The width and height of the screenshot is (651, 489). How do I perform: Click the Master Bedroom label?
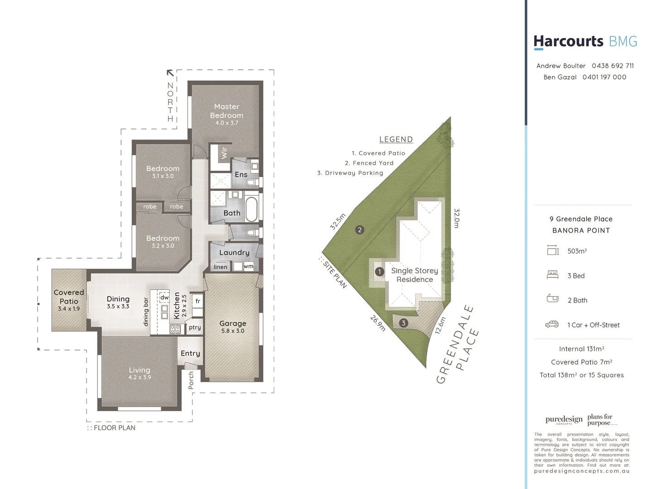point(227,111)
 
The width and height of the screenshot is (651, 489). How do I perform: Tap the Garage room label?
point(233,324)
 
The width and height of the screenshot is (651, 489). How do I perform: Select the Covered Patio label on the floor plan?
point(69,297)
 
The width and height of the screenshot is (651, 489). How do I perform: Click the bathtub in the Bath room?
point(251,208)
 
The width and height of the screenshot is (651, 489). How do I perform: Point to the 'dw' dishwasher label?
point(164,297)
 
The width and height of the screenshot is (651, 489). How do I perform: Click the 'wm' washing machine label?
point(248,266)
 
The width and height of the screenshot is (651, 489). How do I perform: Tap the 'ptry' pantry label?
point(195,327)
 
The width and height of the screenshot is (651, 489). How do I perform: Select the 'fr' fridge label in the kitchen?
point(198,301)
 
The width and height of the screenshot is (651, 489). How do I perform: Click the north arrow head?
point(170,72)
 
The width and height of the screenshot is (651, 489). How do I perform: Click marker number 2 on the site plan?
point(360,230)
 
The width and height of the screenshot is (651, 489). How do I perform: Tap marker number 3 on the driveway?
point(403,323)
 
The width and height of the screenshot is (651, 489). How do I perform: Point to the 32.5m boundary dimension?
point(338,221)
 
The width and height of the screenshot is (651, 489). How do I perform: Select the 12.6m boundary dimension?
point(440,325)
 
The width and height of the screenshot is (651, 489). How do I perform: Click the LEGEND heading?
point(396,139)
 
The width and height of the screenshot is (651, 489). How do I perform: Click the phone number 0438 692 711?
point(612,66)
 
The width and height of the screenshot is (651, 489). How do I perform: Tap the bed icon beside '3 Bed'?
point(552,275)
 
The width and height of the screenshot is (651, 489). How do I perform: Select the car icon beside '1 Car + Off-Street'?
point(552,324)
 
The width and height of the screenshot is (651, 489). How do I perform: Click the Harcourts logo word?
point(568,42)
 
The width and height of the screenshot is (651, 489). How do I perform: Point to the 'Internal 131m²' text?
point(582,349)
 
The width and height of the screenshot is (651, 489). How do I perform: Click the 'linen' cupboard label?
point(221,267)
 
